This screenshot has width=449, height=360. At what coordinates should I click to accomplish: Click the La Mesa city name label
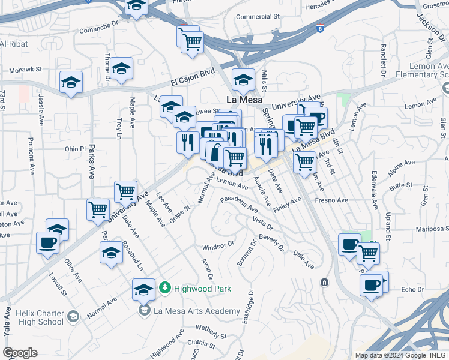click(x=243, y=100)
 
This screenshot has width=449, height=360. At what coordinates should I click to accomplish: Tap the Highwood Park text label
click(x=202, y=289)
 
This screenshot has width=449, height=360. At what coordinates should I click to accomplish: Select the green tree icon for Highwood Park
click(x=165, y=289)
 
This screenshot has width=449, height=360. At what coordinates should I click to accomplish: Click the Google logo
click(x=20, y=352)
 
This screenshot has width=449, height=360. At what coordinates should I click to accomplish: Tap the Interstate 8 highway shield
click(x=321, y=28)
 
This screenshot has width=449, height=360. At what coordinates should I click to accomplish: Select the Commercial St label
click(x=258, y=17)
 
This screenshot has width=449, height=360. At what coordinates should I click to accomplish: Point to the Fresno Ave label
click(x=331, y=200)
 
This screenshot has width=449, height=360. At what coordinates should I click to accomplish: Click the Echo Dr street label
click(x=412, y=289)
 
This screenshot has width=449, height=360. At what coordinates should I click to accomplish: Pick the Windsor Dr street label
click(x=218, y=246)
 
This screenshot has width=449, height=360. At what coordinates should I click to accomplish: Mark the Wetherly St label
click(x=214, y=329)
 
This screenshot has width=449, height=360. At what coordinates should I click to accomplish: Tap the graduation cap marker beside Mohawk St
click(x=71, y=83)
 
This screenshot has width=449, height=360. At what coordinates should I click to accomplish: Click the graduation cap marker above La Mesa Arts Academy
click(x=143, y=290)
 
